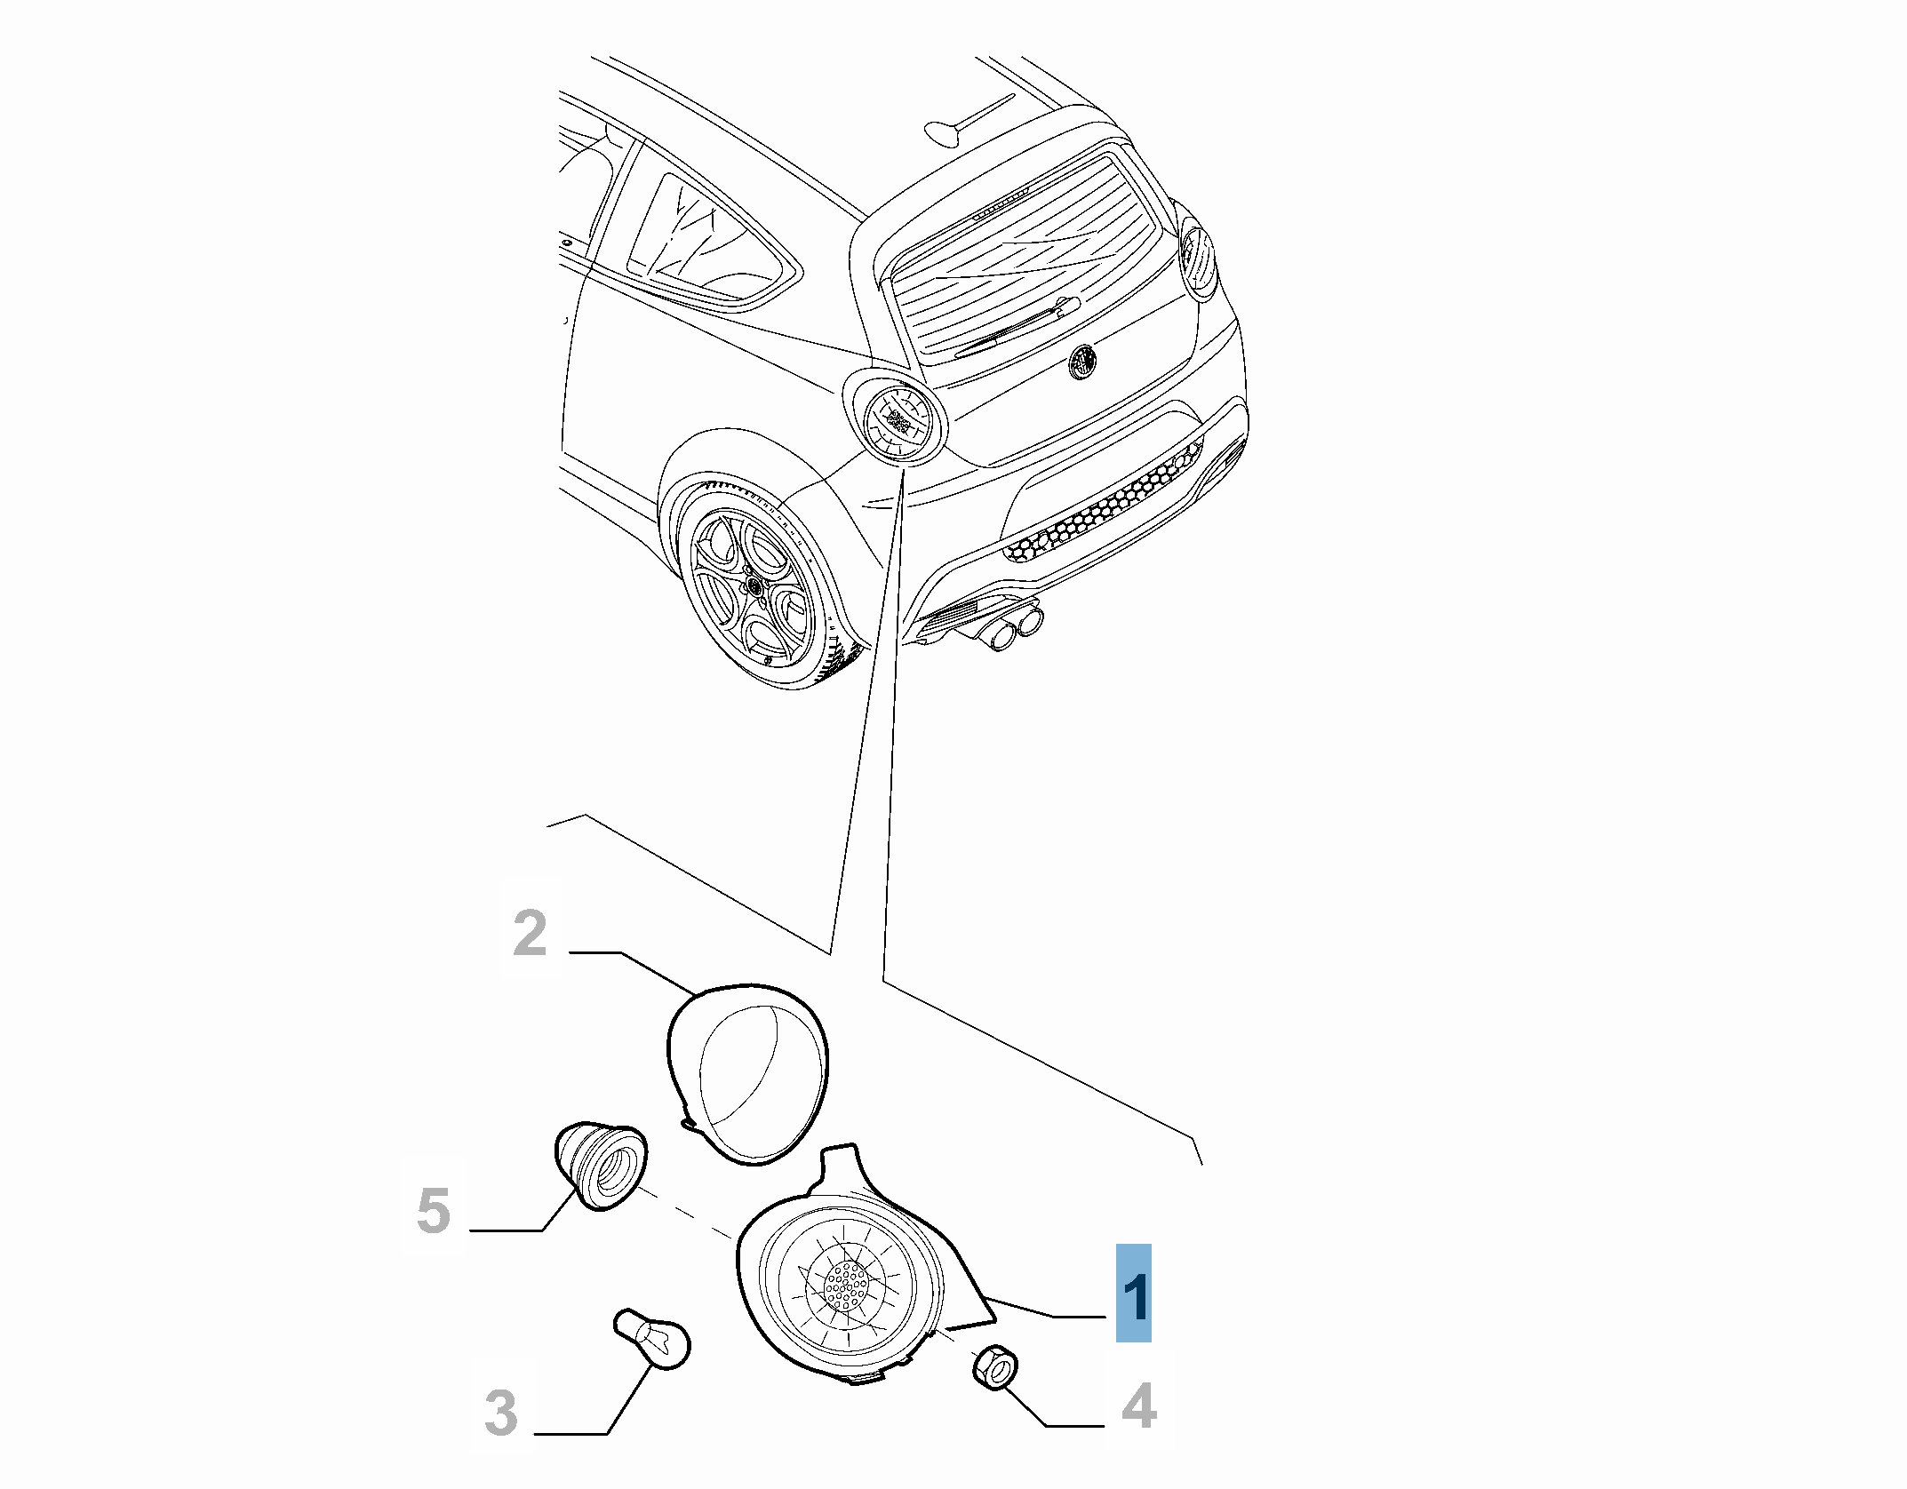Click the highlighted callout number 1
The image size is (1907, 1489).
coord(1134,1298)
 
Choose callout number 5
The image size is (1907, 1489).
coord(434,1212)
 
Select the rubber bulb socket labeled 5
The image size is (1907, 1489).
coord(601,1167)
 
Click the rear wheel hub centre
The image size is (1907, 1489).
coord(754,586)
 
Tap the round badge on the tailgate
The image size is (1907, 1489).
coord(1083,361)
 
